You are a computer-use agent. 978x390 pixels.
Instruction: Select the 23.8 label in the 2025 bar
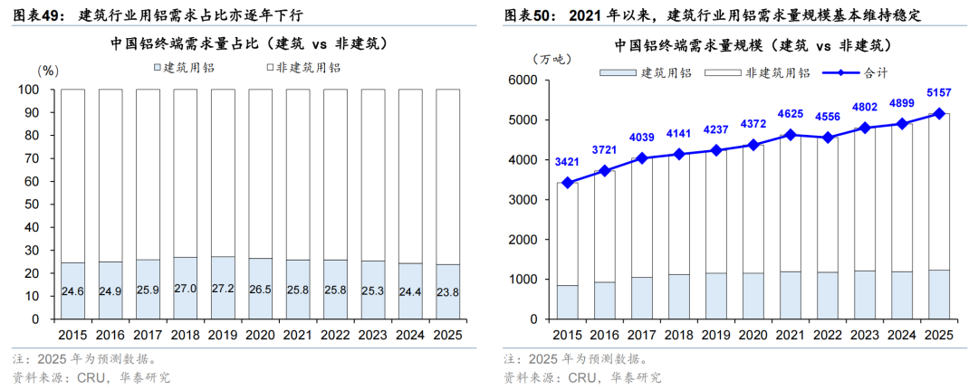tap(448, 292)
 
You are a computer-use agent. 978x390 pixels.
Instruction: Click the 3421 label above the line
tap(568, 163)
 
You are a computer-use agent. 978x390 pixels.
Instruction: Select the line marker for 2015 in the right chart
tap(568, 183)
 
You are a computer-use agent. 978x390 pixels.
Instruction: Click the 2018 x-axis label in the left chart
tap(185, 335)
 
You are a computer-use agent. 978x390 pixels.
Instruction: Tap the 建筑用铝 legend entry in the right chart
tap(666, 72)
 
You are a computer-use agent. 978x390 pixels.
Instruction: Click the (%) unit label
tap(47, 69)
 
